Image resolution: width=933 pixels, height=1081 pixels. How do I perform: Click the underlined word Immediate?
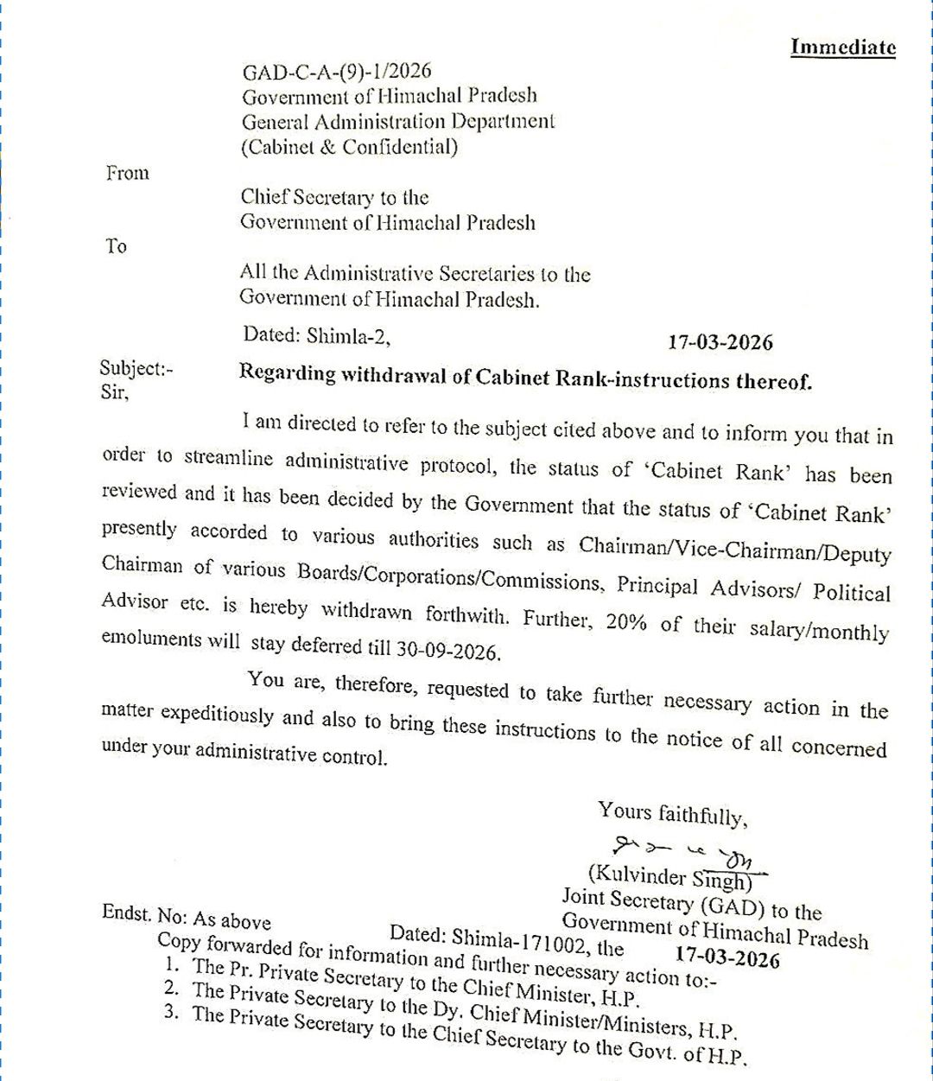(843, 48)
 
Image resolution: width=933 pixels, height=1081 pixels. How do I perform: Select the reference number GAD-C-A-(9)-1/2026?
(336, 71)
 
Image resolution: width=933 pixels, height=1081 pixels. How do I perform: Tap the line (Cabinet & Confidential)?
(349, 146)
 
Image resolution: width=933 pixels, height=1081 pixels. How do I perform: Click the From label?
(128, 173)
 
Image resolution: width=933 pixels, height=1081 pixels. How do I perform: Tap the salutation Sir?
(114, 393)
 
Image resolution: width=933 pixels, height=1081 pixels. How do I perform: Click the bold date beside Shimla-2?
(720, 342)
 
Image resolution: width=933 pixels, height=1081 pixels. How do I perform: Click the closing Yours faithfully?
(670, 813)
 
